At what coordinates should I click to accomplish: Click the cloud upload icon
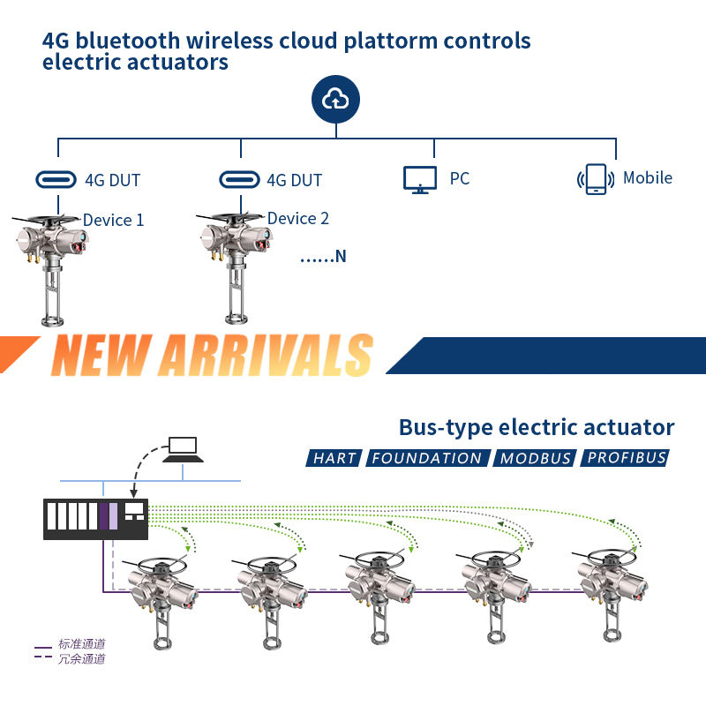335,101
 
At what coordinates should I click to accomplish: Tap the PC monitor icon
420,179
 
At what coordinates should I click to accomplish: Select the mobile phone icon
597,179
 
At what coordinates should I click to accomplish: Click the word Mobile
647,178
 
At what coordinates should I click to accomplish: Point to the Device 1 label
113,220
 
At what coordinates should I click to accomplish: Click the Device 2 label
297,218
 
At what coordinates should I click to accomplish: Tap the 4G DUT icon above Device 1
56,180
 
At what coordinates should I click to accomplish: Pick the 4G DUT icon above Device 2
240,180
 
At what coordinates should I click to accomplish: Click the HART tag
334,458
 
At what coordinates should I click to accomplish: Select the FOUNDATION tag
427,458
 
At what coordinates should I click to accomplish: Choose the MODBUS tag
536,458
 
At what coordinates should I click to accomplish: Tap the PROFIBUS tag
627,458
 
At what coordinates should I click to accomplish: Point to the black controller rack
96,518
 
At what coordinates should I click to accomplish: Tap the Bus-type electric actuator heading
537,428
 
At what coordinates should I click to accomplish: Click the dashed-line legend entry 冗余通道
82,658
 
